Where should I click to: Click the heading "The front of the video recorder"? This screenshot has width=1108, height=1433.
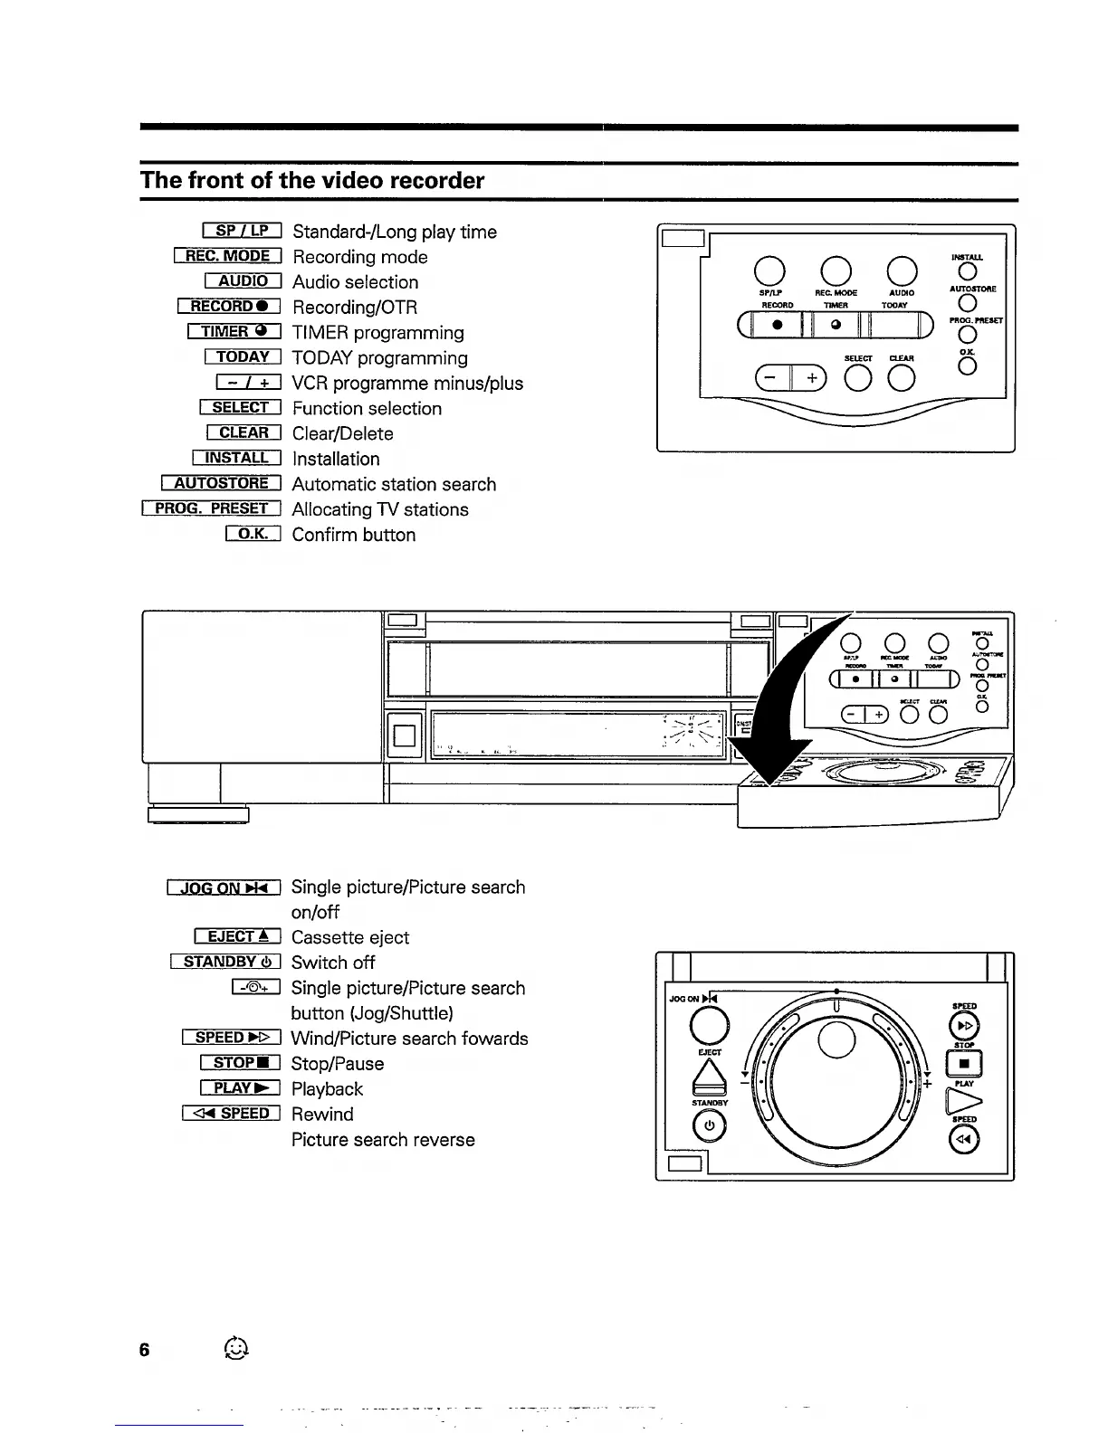pyautogui.click(x=312, y=180)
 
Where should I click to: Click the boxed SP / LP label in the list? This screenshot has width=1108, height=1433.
pyautogui.click(x=242, y=231)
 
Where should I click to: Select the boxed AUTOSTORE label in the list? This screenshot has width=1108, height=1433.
pyautogui.click(x=221, y=483)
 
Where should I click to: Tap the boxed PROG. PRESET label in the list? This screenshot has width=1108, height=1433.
pyautogui.click(x=211, y=508)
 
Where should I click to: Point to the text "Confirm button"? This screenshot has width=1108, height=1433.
pyautogui.click(x=354, y=535)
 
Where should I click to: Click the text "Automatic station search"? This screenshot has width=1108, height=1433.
pyautogui.click(x=394, y=484)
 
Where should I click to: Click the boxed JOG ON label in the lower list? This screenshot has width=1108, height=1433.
pyautogui.click(x=224, y=887)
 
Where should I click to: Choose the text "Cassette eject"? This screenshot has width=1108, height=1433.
pyautogui.click(x=349, y=937)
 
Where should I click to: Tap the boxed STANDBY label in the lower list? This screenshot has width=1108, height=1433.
pyautogui.click(x=225, y=962)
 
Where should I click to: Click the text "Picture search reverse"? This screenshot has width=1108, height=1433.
pyautogui.click(x=383, y=1140)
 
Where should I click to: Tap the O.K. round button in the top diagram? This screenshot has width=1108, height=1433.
pyautogui.click(x=967, y=365)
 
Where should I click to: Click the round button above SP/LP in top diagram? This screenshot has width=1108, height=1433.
pyautogui.click(x=769, y=270)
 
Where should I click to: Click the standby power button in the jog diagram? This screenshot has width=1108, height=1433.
pyautogui.click(x=709, y=1126)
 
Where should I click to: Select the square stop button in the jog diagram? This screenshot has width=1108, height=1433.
pyautogui.click(x=964, y=1063)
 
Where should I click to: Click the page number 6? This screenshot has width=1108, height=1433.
pyautogui.click(x=144, y=1350)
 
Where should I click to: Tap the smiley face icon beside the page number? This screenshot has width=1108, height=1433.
pyautogui.click(x=235, y=1349)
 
